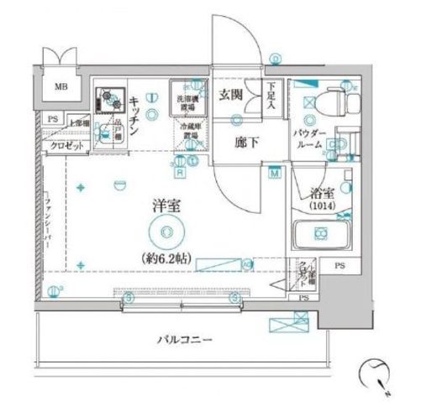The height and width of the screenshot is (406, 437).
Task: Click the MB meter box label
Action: tap(62, 86)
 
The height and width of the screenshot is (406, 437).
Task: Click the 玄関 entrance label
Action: tap(232, 94)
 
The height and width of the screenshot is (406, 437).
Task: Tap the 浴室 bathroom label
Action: tap(320, 191)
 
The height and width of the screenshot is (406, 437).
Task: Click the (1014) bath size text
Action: tap(320, 206)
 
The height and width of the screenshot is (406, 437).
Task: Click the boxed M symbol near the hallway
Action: tap(276, 174)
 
